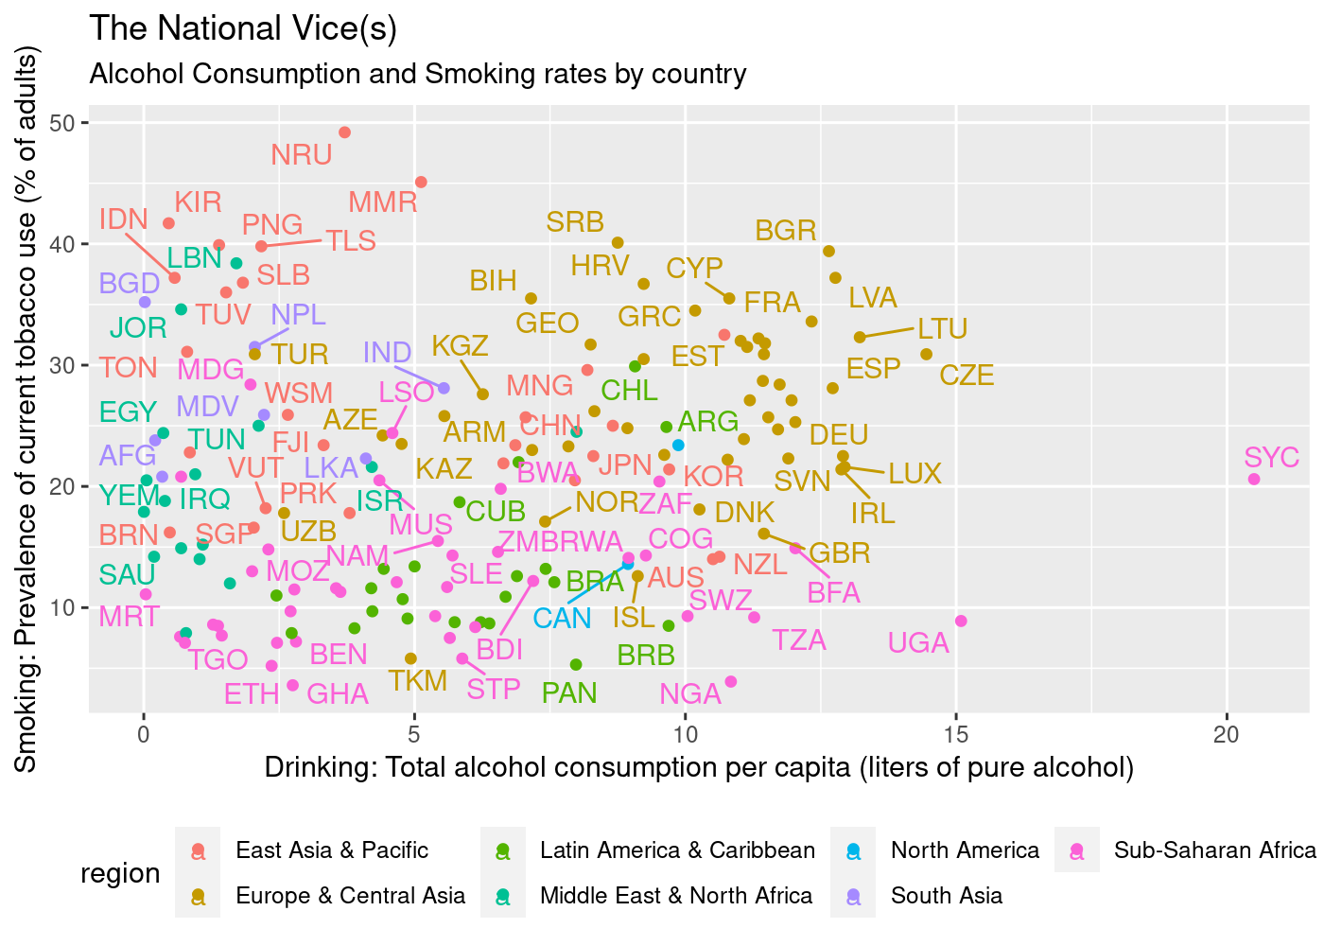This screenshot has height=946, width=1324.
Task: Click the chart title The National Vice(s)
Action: (243, 29)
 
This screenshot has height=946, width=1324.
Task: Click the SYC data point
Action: (1254, 480)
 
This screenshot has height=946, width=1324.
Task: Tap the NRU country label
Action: (302, 155)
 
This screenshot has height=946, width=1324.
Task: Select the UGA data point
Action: (961, 621)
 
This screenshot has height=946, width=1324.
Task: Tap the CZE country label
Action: (967, 376)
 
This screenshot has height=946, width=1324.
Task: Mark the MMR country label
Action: (383, 202)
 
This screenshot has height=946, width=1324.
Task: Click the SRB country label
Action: (575, 222)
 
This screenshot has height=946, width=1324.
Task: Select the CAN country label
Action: (562, 619)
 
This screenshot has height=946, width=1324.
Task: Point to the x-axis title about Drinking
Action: (699, 767)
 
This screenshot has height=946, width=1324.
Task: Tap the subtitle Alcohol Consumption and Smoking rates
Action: (418, 74)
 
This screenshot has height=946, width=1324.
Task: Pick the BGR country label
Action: (786, 231)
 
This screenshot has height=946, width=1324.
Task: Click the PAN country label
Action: (569, 693)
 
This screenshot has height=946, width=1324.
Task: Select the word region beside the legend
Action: (120, 873)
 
